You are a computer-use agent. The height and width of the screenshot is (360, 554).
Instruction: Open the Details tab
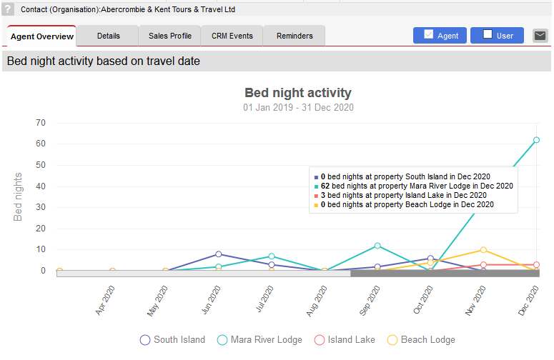click(108, 36)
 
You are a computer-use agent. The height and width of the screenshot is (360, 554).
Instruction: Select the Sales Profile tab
click(170, 36)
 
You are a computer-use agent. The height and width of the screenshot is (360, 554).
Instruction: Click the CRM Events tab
click(232, 36)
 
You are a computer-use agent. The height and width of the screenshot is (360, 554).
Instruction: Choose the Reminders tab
click(295, 36)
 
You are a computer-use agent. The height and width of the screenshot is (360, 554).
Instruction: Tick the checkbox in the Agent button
click(429, 34)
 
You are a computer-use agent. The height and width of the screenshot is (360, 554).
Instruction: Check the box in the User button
click(488, 34)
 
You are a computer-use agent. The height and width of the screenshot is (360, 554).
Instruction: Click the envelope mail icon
click(540, 36)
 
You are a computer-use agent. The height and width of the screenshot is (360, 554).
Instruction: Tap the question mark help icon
click(8, 9)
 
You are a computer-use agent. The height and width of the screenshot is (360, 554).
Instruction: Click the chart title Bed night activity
click(298, 93)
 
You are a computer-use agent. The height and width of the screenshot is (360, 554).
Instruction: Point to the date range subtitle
click(298, 107)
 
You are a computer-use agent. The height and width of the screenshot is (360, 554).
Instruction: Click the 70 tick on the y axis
click(41, 123)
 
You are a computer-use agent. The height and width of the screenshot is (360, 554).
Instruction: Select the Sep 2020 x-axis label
click(370, 300)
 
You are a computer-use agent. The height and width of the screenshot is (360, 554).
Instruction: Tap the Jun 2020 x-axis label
click(211, 300)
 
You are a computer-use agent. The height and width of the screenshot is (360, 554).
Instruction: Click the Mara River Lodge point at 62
click(536, 140)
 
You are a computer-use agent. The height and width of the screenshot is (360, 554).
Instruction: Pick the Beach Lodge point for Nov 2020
click(483, 250)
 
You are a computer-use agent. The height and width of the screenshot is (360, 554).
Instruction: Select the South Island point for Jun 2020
click(218, 254)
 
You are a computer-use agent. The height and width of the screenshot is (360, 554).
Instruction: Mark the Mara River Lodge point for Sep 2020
click(377, 246)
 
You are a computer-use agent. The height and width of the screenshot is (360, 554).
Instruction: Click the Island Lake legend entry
click(345, 340)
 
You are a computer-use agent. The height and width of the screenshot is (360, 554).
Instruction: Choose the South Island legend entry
click(172, 340)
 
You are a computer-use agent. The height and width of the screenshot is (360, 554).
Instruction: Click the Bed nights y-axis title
click(18, 196)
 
